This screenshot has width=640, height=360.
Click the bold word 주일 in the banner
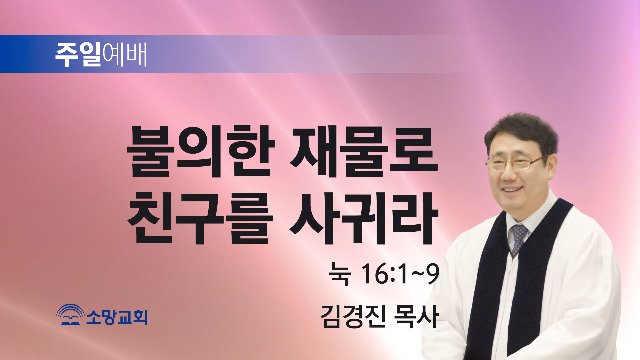(x=78, y=54)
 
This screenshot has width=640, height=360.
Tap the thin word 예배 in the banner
(x=125, y=54)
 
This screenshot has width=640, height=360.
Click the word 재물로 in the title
(x=364, y=151)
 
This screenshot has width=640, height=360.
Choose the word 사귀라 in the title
(x=363, y=218)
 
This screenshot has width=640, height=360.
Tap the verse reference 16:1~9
(x=400, y=274)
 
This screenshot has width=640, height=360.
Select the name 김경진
(x=353, y=316)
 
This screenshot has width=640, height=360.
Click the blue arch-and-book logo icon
(x=70, y=315)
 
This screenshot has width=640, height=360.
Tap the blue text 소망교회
(x=117, y=317)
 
